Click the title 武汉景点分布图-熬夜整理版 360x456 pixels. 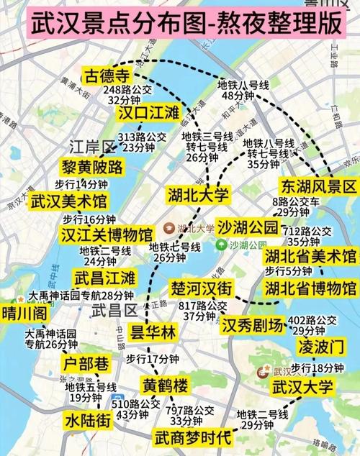click(180, 24)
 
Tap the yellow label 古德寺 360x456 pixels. click(107, 76)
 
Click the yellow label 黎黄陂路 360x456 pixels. click(92, 167)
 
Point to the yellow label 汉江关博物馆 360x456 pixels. click(107, 234)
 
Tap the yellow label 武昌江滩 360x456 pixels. click(104, 277)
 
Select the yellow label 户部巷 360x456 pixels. click(86, 361)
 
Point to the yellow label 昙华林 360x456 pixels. click(152, 332)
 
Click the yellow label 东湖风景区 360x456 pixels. click(318, 186)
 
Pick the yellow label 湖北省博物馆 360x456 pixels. click(310, 289)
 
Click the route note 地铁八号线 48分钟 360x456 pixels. click(242, 90)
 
